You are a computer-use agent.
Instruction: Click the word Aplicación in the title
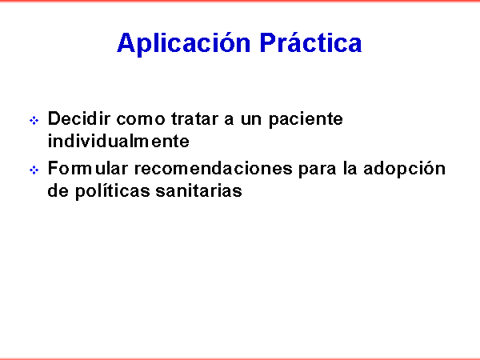point(184,43)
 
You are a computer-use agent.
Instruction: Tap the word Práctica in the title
point(310,42)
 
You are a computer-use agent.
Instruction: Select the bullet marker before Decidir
point(34,120)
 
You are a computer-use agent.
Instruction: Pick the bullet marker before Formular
point(34,170)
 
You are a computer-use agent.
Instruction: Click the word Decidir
point(79,118)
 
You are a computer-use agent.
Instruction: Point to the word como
point(141,119)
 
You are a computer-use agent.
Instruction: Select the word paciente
point(306,120)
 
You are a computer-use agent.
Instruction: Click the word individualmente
point(118,141)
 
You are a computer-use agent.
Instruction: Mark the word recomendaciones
point(214,168)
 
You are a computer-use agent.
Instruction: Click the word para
point(317,170)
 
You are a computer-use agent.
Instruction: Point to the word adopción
point(404,169)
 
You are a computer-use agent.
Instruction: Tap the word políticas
point(112,191)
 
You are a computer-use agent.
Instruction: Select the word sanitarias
point(198,190)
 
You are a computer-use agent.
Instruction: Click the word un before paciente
point(251,120)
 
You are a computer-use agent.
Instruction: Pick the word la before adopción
point(350,168)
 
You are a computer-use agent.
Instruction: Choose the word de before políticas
point(58,190)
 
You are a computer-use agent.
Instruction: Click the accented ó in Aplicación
point(224,42)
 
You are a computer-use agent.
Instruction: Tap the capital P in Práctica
point(268,42)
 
